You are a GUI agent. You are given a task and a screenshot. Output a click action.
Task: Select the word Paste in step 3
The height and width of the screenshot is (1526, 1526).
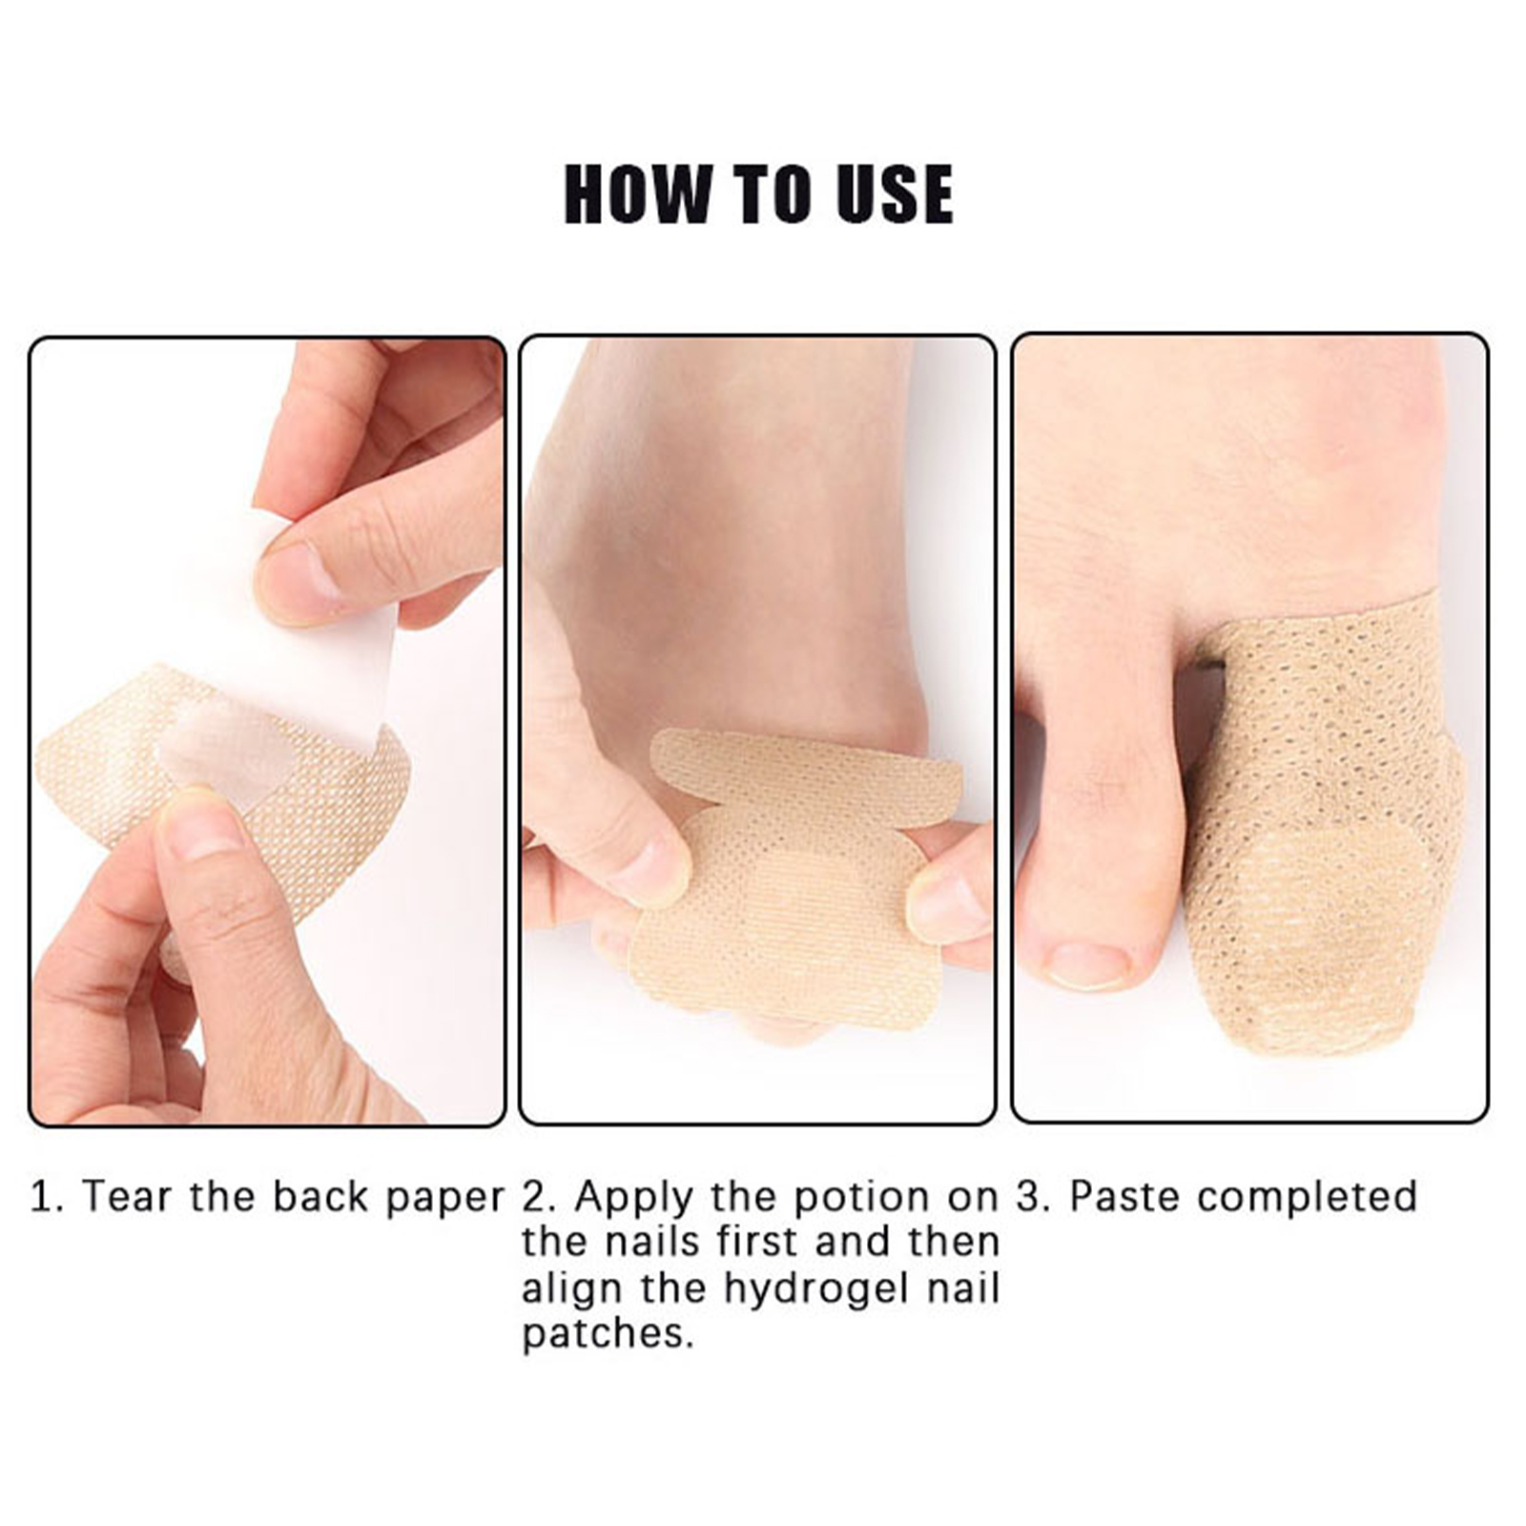(1125, 1196)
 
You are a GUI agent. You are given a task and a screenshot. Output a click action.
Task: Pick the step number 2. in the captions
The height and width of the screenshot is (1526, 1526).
(540, 1196)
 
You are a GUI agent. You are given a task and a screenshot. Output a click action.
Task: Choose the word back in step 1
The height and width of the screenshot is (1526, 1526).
(323, 1196)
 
